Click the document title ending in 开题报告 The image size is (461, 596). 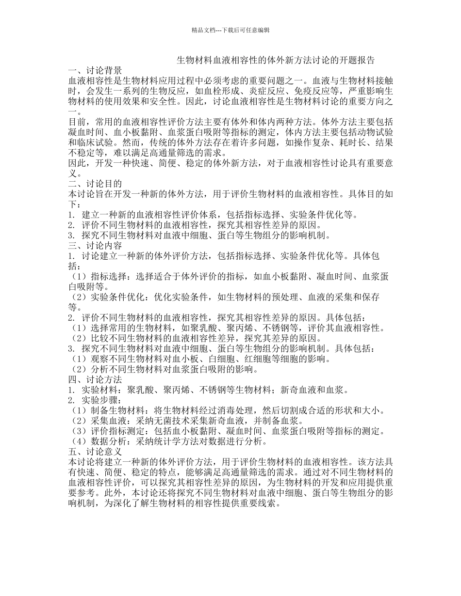(x=275, y=60)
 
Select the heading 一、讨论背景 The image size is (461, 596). (x=95, y=70)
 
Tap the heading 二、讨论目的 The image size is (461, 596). (x=95, y=184)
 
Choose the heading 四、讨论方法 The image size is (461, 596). (x=95, y=379)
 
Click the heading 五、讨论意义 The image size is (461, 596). (x=95, y=451)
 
